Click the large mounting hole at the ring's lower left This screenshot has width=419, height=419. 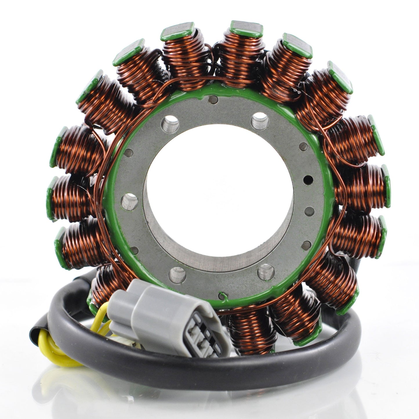177,274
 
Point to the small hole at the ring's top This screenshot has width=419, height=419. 213,100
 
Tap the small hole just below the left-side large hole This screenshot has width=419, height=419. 134,250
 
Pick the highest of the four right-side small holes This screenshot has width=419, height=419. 303,147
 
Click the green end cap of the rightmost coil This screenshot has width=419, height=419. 386,186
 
